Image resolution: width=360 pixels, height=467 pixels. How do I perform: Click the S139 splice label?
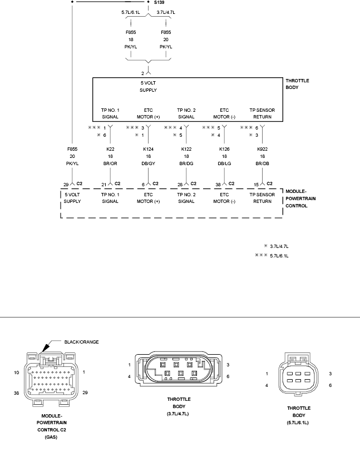[159, 2]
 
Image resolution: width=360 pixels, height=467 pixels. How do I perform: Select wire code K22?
[110, 149]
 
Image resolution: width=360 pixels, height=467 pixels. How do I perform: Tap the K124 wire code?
[148, 149]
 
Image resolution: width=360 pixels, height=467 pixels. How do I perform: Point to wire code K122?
[186, 149]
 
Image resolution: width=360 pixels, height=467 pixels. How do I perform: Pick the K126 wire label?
[224, 149]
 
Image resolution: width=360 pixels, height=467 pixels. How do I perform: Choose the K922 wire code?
[262, 149]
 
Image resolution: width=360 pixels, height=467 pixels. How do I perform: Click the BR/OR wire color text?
[110, 163]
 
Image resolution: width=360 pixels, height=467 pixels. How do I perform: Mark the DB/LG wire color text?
[224, 163]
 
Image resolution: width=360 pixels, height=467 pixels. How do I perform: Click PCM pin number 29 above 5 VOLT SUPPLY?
[66, 185]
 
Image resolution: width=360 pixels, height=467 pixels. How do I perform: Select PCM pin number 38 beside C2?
[218, 185]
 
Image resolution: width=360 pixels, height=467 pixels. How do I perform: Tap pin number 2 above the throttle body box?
[142, 73]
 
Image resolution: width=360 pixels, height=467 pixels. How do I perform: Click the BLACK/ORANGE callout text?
[81, 342]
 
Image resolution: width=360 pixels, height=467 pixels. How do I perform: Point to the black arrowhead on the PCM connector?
[46, 348]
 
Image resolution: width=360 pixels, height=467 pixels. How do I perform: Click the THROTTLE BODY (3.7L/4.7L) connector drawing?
[179, 369]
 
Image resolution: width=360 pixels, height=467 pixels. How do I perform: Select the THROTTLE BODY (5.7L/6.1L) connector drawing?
[298, 374]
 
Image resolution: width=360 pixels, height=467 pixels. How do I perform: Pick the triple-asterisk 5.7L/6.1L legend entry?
[272, 256]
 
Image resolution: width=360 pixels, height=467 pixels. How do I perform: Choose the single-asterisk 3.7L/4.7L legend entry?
[276, 246]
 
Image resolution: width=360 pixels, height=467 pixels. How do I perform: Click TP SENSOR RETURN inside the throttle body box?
[262, 113]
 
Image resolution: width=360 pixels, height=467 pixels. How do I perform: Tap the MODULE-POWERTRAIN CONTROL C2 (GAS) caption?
[52, 426]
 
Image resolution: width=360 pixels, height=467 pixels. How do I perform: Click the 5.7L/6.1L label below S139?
[131, 12]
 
